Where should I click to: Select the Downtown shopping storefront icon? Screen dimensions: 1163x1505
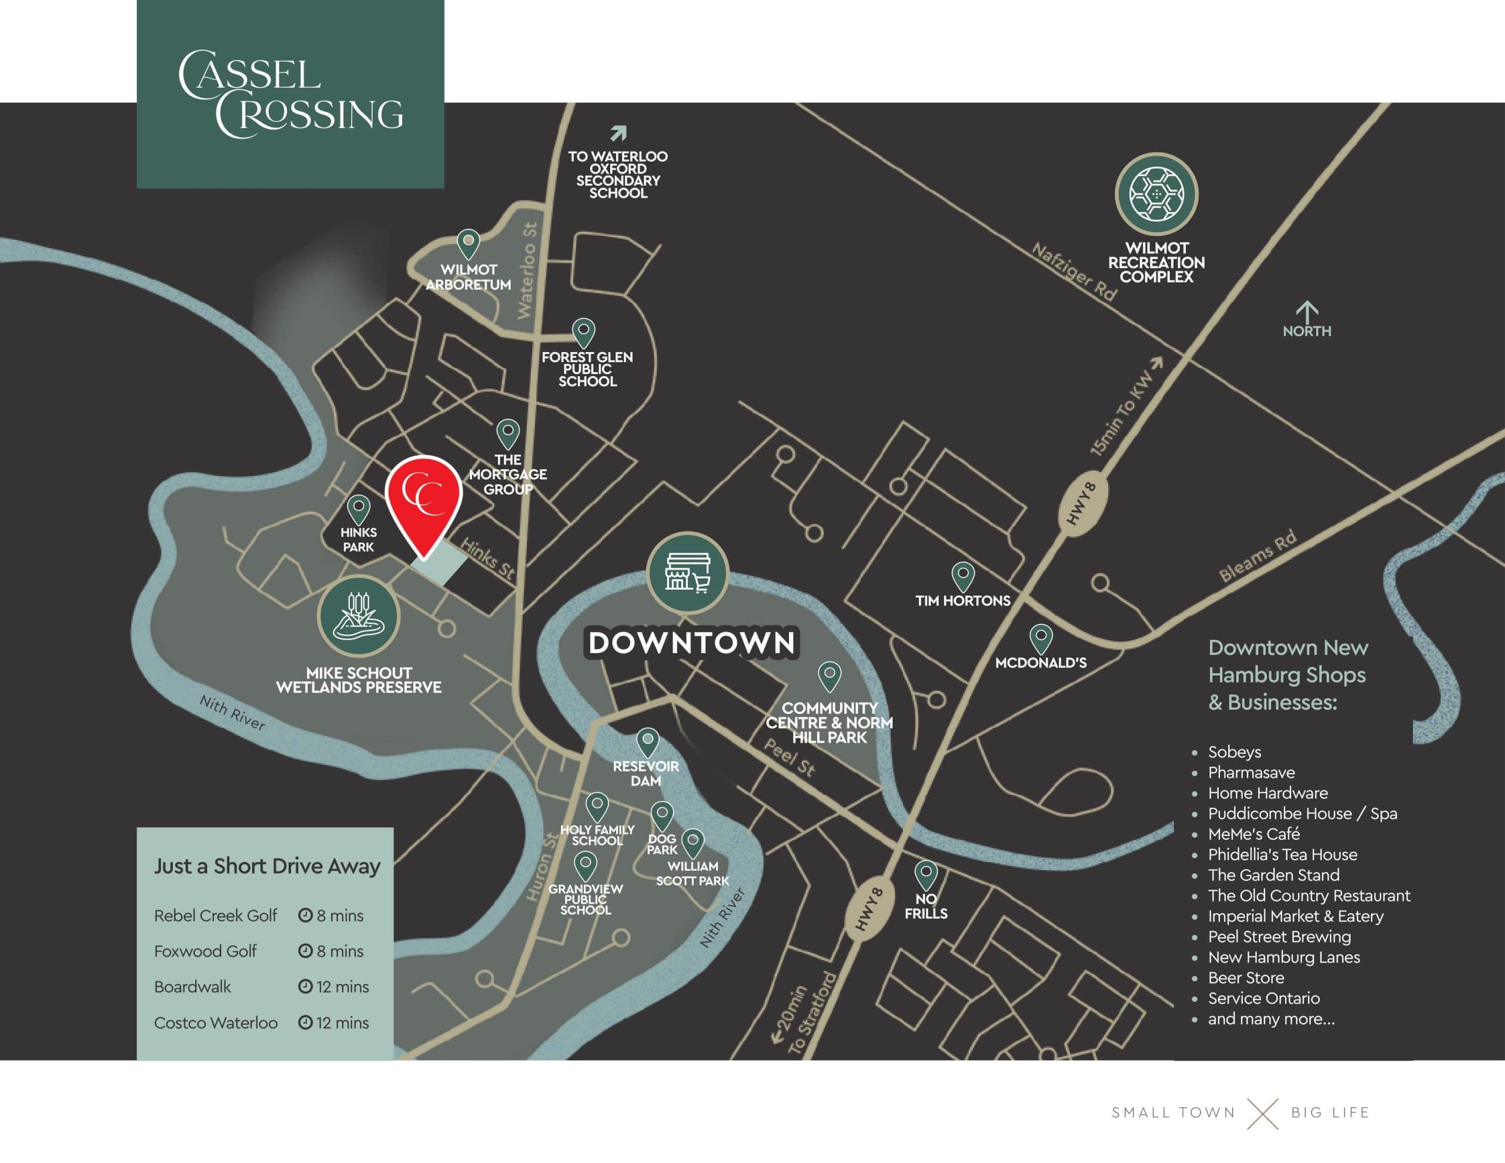[688, 573]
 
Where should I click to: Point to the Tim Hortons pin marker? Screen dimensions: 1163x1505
[963, 575]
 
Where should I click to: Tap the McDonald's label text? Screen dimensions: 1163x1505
[1041, 663]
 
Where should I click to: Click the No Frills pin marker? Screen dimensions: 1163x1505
[925, 874]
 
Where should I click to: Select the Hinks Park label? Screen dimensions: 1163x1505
[359, 540]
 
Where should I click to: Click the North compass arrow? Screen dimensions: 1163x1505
[1306, 312]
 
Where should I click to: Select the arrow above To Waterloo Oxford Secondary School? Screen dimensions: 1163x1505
[618, 132]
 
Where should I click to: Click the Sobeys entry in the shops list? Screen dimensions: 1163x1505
[1234, 751]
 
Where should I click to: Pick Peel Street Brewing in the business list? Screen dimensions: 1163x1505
[1279, 936]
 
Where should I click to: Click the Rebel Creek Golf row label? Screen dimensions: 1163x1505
[215, 915]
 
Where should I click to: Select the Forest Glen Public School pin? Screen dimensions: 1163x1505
[584, 332]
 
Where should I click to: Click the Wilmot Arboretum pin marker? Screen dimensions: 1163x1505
[469, 243]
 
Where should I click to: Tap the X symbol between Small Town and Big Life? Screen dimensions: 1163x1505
[1262, 1112]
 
